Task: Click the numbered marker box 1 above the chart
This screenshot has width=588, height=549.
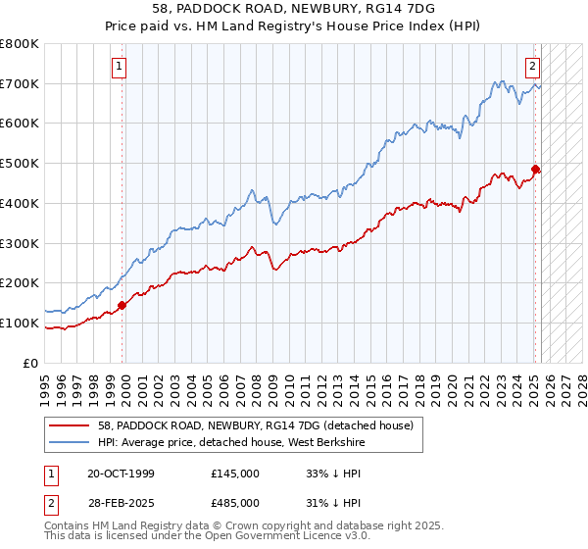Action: pyautogui.click(x=119, y=67)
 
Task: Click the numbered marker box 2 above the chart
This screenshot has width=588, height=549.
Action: pyautogui.click(x=531, y=67)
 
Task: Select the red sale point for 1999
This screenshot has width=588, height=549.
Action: pyautogui.click(x=122, y=305)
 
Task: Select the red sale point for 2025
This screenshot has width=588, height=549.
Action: pyautogui.click(x=536, y=169)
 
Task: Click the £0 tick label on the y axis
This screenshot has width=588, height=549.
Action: pyautogui.click(x=29, y=363)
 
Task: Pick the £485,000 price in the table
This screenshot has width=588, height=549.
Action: pyautogui.click(x=235, y=502)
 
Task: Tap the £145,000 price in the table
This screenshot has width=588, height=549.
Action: pyautogui.click(x=235, y=474)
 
